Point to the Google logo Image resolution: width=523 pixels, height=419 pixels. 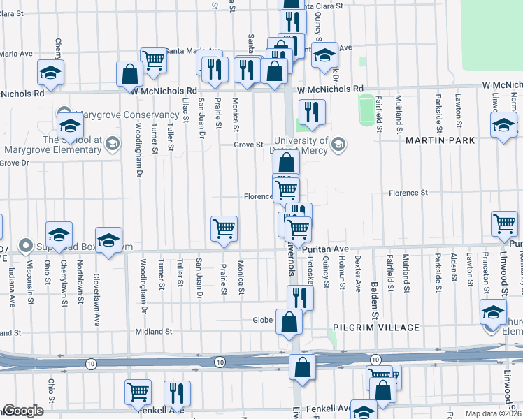[23, 411]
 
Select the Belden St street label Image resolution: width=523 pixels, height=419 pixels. [375, 296]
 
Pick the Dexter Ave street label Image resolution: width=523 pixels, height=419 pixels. [357, 272]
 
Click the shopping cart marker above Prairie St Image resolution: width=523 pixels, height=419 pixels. [224, 228]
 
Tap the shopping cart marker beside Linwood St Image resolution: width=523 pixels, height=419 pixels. [504, 223]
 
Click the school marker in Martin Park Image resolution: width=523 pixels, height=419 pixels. [503, 127]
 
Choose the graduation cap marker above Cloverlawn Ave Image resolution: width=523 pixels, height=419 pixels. [108, 240]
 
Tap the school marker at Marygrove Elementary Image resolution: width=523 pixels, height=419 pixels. [70, 126]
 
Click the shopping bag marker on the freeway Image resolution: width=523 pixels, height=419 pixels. [301, 367]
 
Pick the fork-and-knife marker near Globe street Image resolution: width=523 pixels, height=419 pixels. [299, 297]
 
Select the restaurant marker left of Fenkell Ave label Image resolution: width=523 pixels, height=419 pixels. [177, 392]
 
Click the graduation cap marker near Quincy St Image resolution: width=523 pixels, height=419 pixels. [324, 55]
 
